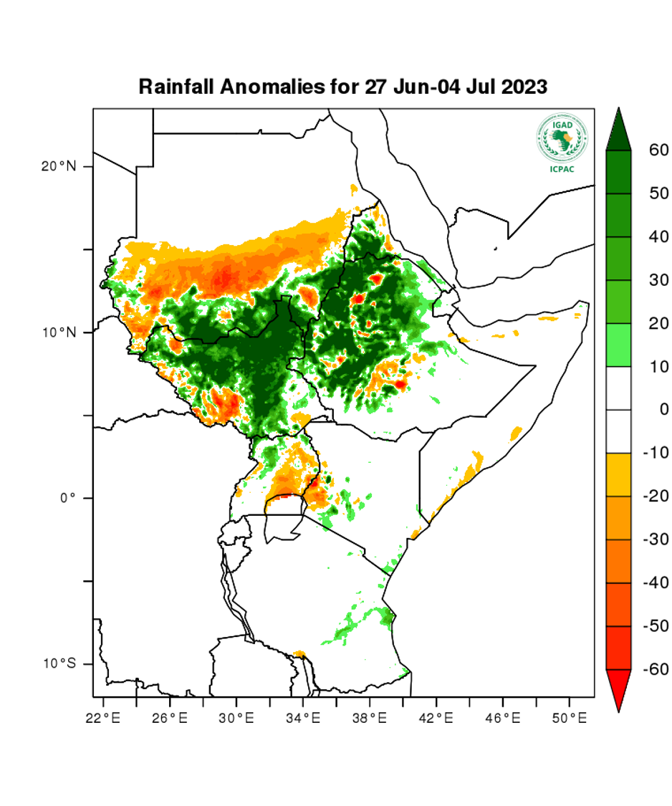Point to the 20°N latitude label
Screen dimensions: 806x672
coord(58,166)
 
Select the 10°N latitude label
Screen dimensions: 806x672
coord(58,332)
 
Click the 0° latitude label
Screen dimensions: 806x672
coord(67,498)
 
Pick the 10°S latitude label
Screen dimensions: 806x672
coord(58,664)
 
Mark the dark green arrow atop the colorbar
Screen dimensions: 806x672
coord(618,131)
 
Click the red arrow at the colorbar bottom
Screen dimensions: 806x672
coord(618,689)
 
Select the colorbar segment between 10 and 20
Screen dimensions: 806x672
coord(618,345)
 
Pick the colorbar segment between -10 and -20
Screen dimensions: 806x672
coord(618,474)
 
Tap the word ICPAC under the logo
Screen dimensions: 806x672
coord(562,169)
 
